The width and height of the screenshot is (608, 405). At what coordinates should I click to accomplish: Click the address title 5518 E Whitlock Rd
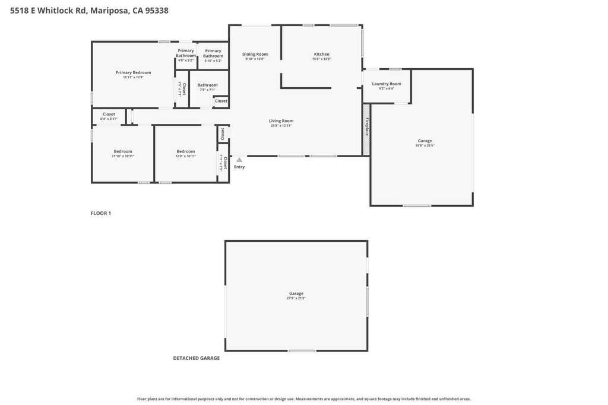pos(89,10)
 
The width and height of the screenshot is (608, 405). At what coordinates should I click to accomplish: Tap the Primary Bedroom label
pos(133,72)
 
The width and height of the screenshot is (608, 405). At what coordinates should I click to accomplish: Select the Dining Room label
pos(255,54)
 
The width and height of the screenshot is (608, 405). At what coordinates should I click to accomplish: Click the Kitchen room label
pos(321,54)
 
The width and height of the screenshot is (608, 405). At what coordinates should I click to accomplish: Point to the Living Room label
pos(281,120)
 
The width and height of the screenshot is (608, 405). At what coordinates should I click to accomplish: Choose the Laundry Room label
pos(387,84)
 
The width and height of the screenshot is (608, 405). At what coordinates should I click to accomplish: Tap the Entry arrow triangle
pos(239,160)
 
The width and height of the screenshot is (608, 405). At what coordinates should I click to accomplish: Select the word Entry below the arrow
pos(239,167)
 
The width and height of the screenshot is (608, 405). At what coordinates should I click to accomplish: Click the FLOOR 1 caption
pos(101,213)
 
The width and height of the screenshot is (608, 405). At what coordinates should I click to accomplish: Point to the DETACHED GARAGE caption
pos(197,358)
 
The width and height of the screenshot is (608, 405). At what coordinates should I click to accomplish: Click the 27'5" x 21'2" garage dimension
pos(296,298)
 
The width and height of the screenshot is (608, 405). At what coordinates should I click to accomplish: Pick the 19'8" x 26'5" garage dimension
pos(425,145)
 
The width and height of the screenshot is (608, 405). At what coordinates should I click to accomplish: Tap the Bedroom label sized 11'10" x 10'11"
pos(123,151)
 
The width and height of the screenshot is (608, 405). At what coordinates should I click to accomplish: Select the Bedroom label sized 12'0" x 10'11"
pos(185,151)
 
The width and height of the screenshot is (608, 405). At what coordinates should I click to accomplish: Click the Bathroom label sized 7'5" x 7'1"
pos(207,85)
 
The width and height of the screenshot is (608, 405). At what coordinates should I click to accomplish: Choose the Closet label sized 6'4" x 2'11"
pos(109,114)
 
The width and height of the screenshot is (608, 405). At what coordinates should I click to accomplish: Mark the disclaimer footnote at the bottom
pos(303,399)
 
